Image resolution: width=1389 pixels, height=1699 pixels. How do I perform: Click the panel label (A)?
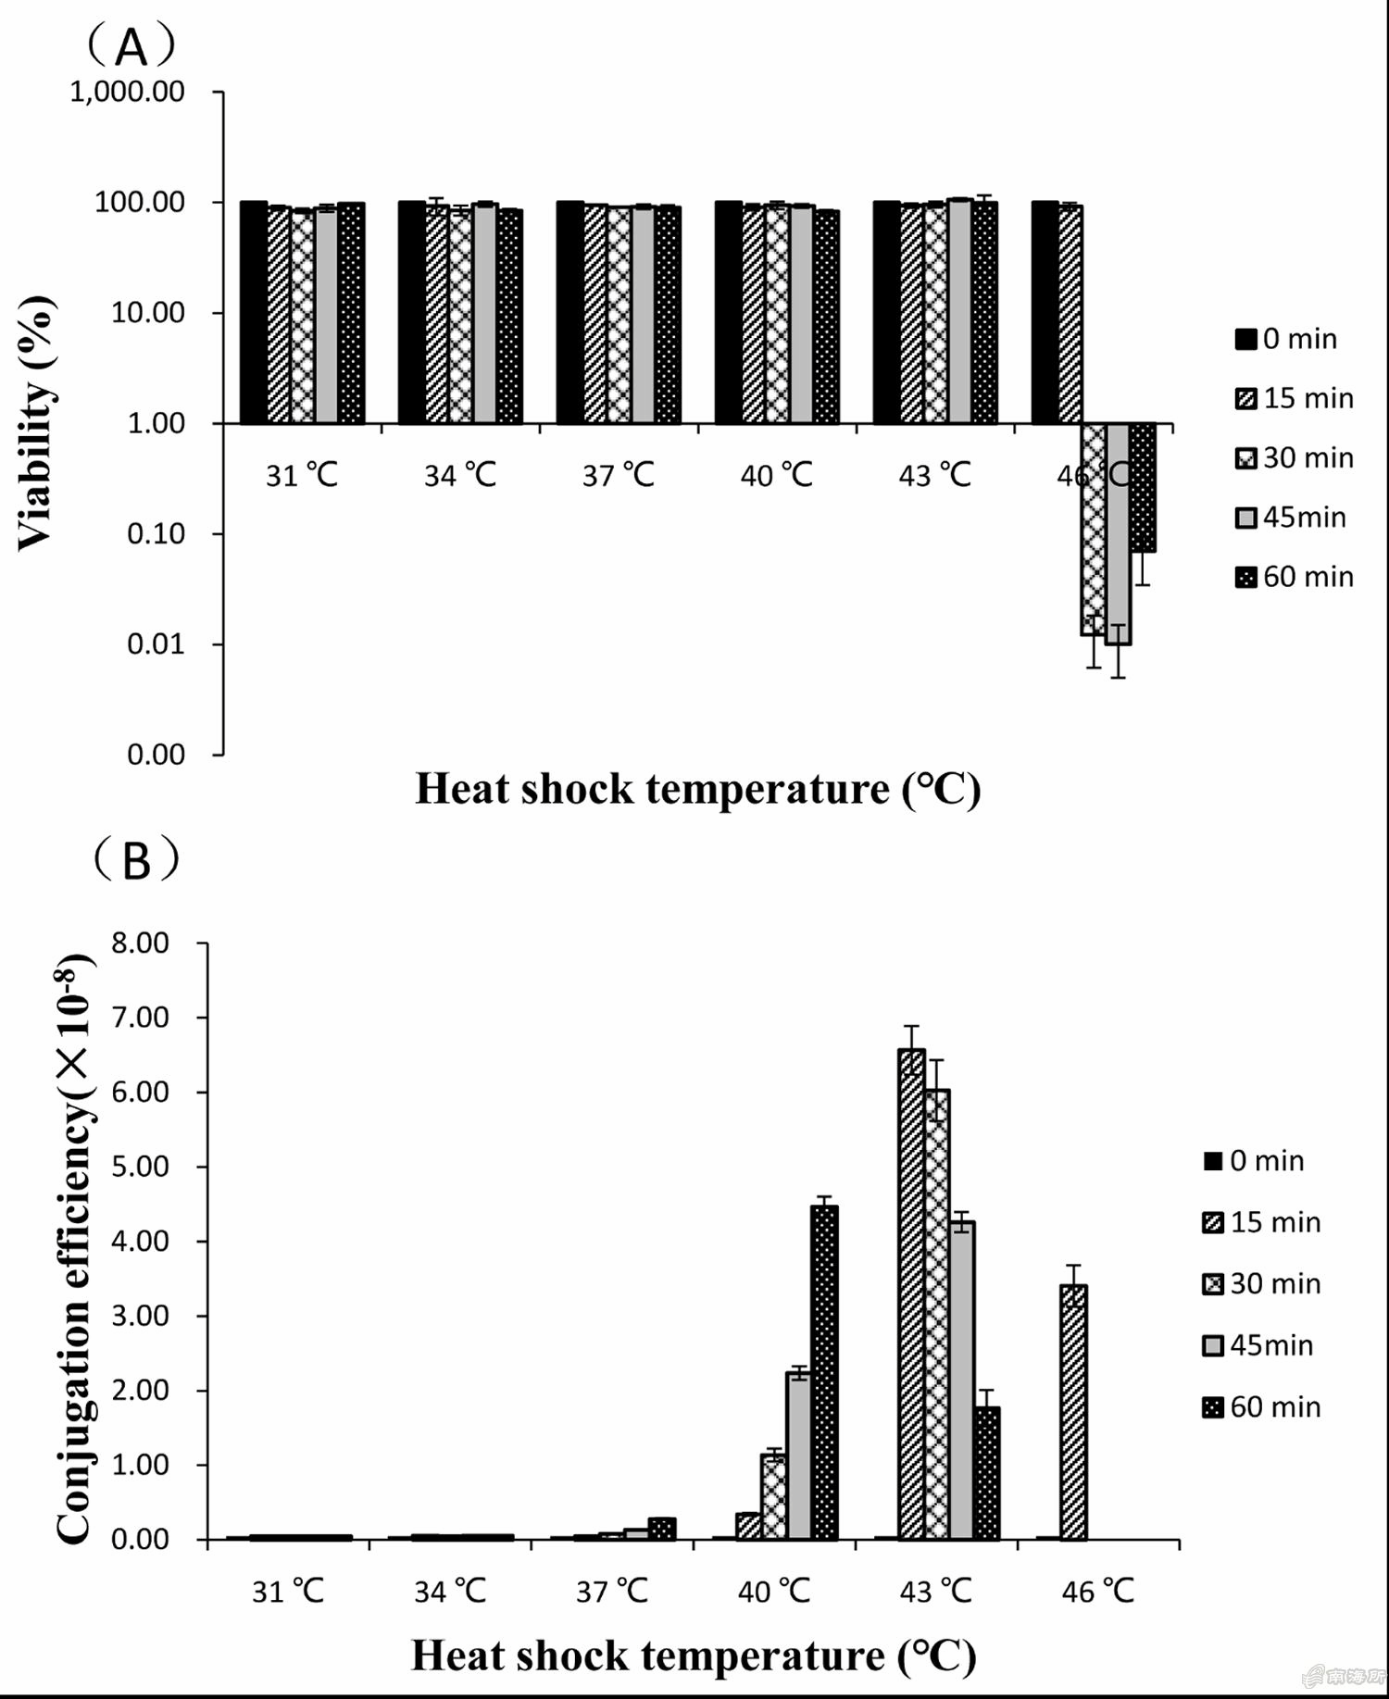coord(131,46)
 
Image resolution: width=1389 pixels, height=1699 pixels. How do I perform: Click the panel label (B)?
coord(135,860)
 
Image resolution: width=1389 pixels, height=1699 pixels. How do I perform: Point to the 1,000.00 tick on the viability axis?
coord(128,92)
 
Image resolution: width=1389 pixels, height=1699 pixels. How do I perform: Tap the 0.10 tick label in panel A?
coord(156,534)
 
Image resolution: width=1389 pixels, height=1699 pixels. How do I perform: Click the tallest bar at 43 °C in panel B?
coord(911,1296)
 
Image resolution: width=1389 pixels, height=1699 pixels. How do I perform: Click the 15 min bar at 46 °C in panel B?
coord(1073,1413)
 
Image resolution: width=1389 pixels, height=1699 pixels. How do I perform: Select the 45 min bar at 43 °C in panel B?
coord(961,1380)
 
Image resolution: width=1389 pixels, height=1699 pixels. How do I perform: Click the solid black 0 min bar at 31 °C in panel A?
coord(254,313)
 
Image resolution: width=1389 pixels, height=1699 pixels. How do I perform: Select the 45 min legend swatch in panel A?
coord(1245,518)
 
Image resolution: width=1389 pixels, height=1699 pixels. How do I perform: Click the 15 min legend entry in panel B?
coord(1261,1222)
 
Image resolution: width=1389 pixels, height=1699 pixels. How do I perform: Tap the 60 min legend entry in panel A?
coord(1295,577)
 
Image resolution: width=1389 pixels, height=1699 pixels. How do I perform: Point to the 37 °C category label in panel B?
coord(611,1592)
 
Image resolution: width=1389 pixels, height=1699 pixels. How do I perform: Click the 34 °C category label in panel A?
coord(460,476)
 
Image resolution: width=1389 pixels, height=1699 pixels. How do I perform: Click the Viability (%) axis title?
coord(37,423)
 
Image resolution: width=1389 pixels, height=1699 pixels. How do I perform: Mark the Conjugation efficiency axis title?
coord(74,1250)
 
